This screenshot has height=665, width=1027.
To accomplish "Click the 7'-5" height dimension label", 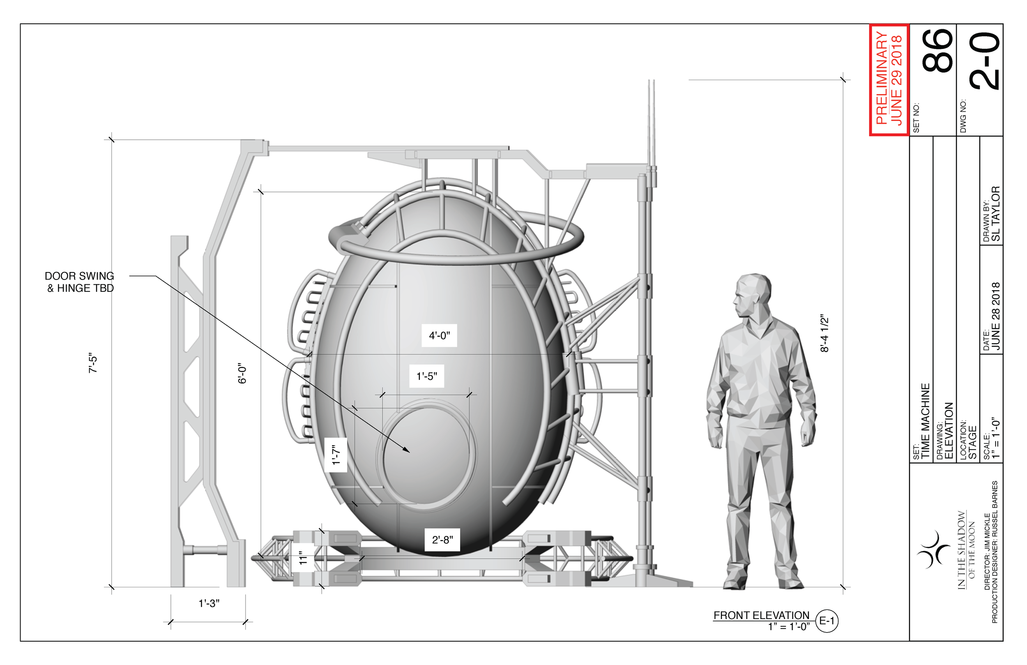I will [93, 364].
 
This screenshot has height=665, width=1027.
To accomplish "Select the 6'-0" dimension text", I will [242, 373].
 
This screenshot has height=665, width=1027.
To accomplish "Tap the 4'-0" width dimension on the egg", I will [439, 335].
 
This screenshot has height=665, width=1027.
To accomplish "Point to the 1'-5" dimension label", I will [426, 376].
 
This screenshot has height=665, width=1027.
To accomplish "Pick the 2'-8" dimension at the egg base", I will [442, 540].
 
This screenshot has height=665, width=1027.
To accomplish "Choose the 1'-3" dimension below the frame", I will [209, 603].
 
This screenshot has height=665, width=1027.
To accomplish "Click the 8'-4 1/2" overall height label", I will [824, 333].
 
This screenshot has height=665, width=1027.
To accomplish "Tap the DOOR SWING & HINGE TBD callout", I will [80, 282].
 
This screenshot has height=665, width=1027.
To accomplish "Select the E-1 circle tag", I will [827, 621].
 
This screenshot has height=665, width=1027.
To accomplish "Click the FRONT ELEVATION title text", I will [761, 615].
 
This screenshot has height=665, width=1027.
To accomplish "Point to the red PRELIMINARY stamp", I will [889, 80].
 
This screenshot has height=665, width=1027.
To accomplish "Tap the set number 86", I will [937, 51].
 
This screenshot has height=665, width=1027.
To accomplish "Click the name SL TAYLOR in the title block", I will [995, 213].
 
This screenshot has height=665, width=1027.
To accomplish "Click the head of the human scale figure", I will [752, 295].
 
